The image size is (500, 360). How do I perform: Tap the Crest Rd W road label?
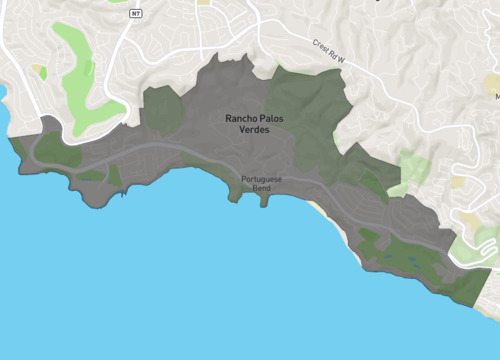327,51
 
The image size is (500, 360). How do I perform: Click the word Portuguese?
262,179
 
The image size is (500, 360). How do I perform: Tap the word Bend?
262,188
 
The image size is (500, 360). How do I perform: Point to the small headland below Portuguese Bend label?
264,199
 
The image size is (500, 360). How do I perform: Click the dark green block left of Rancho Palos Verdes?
163,107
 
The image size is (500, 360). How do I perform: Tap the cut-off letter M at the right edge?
496,96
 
